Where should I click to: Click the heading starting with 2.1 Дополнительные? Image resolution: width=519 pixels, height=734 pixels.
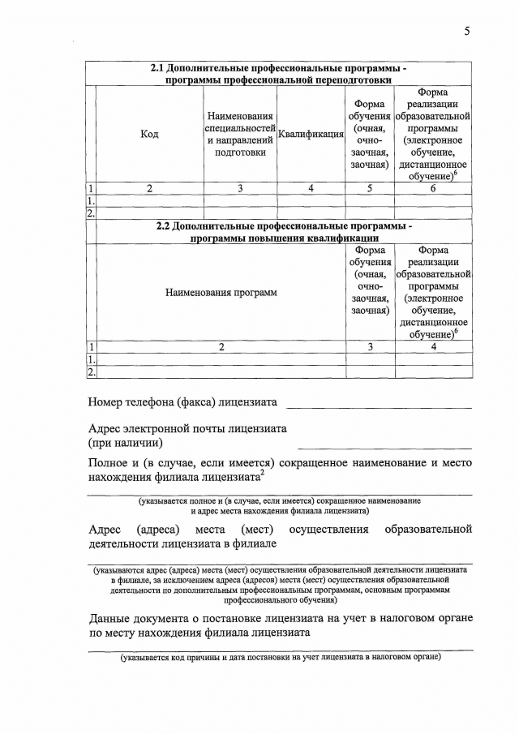pos(280,74)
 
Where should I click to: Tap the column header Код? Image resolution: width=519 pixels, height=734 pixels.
pos(149,134)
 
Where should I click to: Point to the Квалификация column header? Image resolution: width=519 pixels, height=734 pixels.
pos(311,135)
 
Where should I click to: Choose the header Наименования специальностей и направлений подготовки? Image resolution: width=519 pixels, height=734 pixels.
pos(239,134)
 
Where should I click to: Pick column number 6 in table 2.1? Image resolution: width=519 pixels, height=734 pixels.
pos(433,188)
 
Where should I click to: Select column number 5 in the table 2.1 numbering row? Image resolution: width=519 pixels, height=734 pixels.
pos(370,188)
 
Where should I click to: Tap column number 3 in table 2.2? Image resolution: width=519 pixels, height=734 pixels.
pos(370,346)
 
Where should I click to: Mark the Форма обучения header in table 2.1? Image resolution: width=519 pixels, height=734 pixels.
pos(370,134)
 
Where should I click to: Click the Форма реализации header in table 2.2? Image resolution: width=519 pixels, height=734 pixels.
pos(433,292)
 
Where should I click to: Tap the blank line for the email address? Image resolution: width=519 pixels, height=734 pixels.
pos(384,446)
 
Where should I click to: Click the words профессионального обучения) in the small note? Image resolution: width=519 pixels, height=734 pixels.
pos(280,601)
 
